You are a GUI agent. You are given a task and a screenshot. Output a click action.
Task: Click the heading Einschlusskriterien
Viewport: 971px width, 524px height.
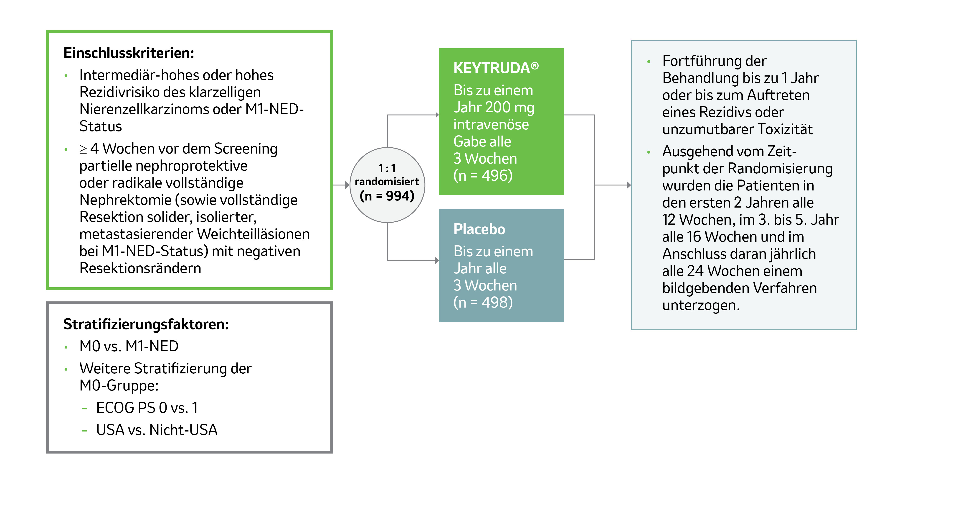tap(129, 53)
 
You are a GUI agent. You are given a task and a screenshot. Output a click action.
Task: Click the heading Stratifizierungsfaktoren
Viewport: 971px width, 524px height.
tap(146, 324)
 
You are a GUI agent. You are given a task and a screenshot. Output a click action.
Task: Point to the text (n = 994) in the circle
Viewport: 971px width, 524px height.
tap(387, 196)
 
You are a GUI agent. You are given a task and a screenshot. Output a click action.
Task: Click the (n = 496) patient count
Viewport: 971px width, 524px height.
tap(483, 175)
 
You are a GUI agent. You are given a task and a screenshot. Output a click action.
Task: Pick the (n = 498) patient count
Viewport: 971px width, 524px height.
tap(483, 302)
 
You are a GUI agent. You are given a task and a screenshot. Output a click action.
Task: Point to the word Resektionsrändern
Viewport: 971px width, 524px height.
tap(140, 268)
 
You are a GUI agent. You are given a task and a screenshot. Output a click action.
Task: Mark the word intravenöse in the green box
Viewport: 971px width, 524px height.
tap(491, 124)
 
